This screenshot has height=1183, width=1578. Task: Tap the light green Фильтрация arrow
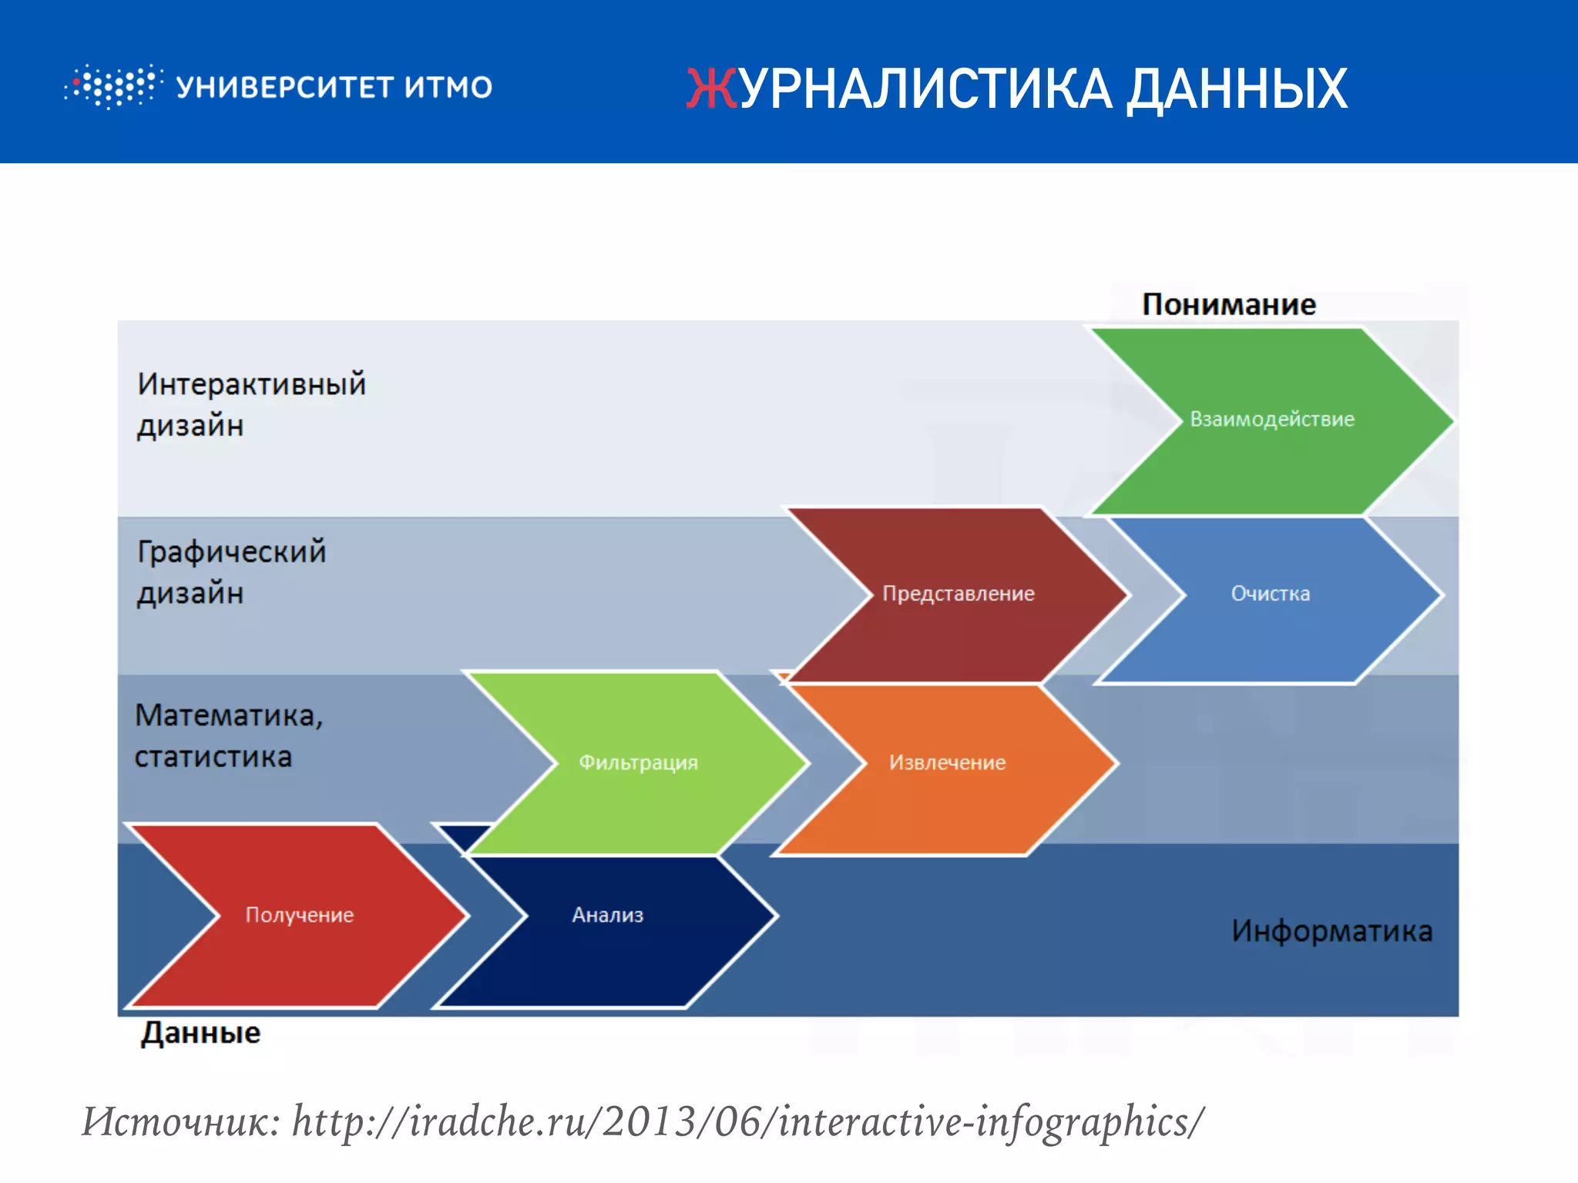pyautogui.click(x=638, y=762)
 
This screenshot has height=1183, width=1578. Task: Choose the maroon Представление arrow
pyautogui.click(x=958, y=594)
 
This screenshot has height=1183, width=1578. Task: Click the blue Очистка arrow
pyautogui.click(x=1270, y=594)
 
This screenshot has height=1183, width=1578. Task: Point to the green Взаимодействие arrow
pyautogui.click(x=1271, y=420)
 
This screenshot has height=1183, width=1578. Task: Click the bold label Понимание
pyautogui.click(x=1228, y=304)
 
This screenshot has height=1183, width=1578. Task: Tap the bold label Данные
pyautogui.click(x=200, y=1033)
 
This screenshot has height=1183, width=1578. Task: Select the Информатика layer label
pyautogui.click(x=1331, y=931)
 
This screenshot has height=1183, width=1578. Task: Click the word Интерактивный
pyautogui.click(x=251, y=384)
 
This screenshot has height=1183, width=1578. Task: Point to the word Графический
pyautogui.click(x=231, y=551)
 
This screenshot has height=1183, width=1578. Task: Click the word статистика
pyautogui.click(x=213, y=757)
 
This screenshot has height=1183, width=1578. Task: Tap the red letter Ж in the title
pyautogui.click(x=711, y=89)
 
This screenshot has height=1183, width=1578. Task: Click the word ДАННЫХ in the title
pyautogui.click(x=1237, y=90)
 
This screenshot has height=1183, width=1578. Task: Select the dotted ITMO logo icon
pyautogui.click(x=113, y=86)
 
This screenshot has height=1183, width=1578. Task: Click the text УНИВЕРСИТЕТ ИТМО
pyautogui.click(x=334, y=87)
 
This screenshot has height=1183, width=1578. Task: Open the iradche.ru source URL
pyautogui.click(x=747, y=1121)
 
